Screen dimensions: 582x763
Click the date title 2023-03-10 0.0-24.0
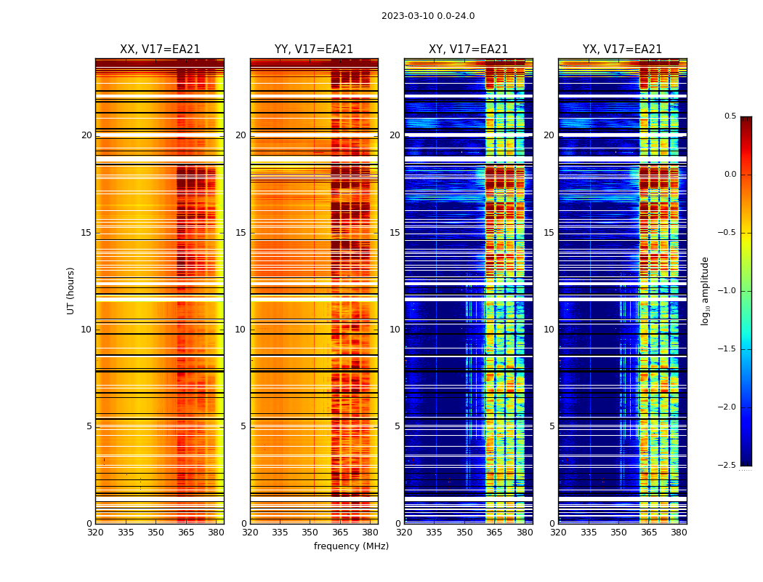(428, 16)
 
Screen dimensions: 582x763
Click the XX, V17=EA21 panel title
(160, 49)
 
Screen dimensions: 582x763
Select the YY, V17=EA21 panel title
(314, 49)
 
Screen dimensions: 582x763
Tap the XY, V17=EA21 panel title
(468, 49)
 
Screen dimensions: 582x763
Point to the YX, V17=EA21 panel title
(622, 49)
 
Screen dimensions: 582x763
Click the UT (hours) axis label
(70, 290)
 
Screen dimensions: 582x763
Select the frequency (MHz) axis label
(351, 546)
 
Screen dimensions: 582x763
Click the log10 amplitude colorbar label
(705, 290)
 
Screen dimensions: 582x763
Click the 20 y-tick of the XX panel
(86, 135)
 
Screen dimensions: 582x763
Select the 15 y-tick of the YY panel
(241, 233)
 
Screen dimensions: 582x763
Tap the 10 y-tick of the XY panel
(395, 330)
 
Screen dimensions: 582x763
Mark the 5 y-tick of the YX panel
(552, 426)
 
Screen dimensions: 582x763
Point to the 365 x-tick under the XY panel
(494, 533)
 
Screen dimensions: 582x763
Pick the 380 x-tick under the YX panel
(679, 533)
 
